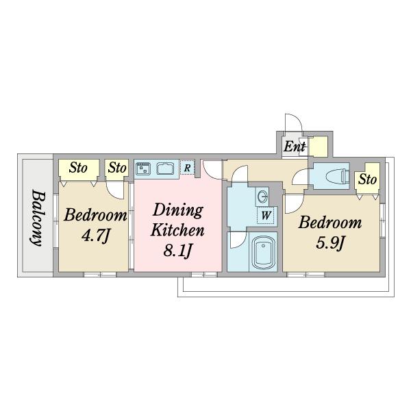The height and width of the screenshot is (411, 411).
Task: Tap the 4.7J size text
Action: click(x=95, y=235)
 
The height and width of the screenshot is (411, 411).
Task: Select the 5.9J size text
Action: click(x=329, y=242)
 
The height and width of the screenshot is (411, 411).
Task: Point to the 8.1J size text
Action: click(x=177, y=250)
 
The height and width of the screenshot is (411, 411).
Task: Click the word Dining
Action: click(x=178, y=210)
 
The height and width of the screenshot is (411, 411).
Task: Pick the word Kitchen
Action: click(x=177, y=230)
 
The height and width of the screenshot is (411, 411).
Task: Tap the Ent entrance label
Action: click(x=295, y=147)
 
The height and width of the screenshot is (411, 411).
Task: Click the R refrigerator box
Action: click(x=188, y=167)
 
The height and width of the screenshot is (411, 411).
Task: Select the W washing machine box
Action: click(x=266, y=215)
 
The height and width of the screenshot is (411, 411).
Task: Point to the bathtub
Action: click(x=263, y=252)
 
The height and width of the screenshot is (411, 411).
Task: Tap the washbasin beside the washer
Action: click(x=262, y=197)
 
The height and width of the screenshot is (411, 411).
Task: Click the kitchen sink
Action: click(x=165, y=169)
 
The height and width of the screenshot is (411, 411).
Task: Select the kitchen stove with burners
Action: click(x=143, y=169)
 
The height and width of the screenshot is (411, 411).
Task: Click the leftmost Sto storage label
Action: click(x=78, y=168)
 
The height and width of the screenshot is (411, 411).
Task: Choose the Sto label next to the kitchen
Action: click(x=117, y=168)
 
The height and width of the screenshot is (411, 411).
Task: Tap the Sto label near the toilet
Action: click(x=367, y=179)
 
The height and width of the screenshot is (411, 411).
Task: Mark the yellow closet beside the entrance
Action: click(x=319, y=147)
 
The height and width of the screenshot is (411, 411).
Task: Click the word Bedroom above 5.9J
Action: click(x=330, y=223)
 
